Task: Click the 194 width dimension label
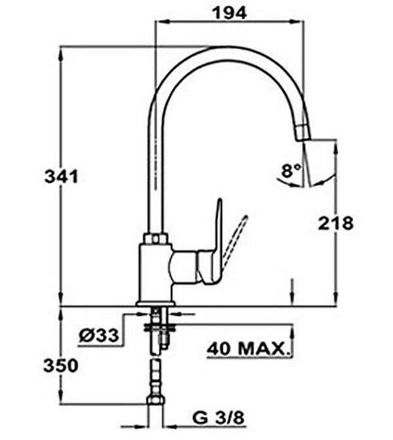[230, 12]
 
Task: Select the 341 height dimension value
[61, 177]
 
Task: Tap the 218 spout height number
[335, 223]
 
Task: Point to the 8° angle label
[291, 170]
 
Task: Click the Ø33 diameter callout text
[99, 335]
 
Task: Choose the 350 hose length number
[61, 366]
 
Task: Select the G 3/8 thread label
[218, 418]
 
